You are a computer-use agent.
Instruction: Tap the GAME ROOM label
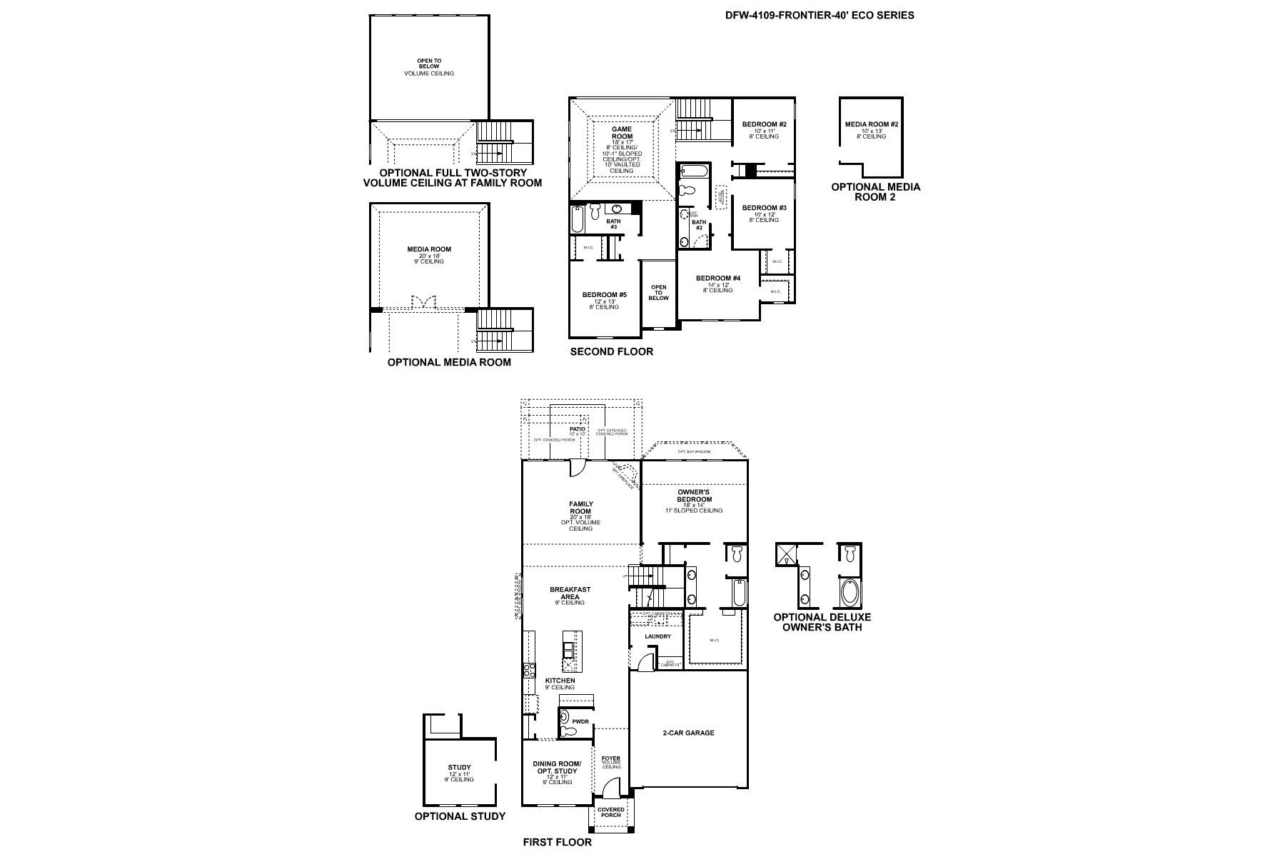click(x=622, y=133)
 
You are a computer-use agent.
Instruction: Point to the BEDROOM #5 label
click(x=604, y=295)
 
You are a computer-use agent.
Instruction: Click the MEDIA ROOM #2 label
click(x=871, y=124)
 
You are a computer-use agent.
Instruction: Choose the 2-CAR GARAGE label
click(x=688, y=733)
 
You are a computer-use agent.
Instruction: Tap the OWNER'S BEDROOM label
click(x=695, y=496)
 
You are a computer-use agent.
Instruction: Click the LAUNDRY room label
click(x=657, y=636)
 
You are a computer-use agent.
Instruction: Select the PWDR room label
click(x=580, y=722)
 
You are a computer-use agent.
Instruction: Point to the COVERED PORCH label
click(x=611, y=813)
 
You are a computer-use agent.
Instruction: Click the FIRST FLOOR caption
click(x=557, y=842)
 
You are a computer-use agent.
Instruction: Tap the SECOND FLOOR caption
click(x=611, y=351)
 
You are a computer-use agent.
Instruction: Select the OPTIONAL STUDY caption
click(x=460, y=816)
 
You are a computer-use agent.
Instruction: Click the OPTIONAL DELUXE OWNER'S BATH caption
click(x=822, y=622)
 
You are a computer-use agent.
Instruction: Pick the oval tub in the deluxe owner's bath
click(x=850, y=592)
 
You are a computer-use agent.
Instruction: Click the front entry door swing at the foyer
click(x=610, y=788)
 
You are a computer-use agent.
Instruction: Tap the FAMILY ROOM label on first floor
click(x=580, y=508)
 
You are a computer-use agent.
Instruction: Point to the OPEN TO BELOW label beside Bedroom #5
click(x=658, y=293)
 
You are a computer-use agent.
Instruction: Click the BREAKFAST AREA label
click(x=570, y=593)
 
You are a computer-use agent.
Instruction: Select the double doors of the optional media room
click(x=423, y=303)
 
